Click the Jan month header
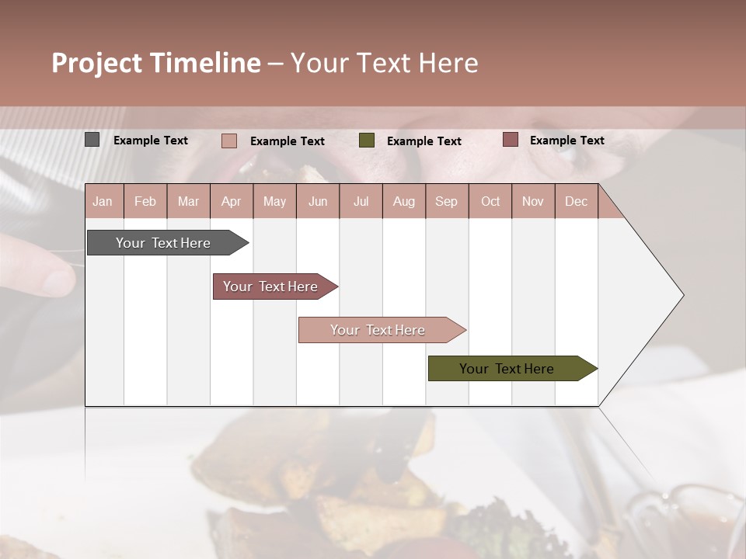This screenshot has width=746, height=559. coord(103,201)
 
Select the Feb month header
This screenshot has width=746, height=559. coord(145,201)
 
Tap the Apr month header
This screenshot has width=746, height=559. coord(231,201)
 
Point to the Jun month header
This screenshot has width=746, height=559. coord(318,201)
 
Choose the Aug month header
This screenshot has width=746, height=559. coord(404,201)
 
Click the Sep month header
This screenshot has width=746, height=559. coord(446,201)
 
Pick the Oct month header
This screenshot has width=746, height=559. coord(490,201)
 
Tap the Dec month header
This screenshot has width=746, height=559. coord(576,201)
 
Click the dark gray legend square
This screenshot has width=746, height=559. coord(92,140)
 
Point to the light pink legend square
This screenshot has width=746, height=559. coord(229,141)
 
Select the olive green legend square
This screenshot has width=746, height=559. coord(367,141)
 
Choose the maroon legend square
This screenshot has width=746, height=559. coord(511,140)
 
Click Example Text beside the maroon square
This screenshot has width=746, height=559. coord(566,140)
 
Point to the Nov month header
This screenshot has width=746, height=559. coord(533,201)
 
